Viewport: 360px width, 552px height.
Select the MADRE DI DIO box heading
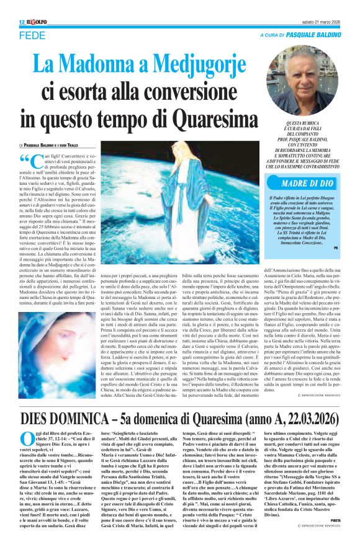308,183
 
